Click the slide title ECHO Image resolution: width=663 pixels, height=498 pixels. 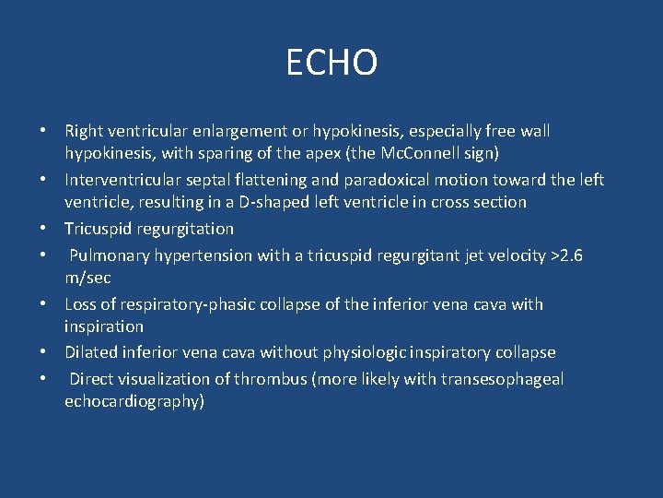(x=331, y=64)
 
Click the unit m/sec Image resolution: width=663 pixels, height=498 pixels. (x=88, y=278)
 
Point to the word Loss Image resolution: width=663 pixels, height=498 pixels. (x=82, y=304)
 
